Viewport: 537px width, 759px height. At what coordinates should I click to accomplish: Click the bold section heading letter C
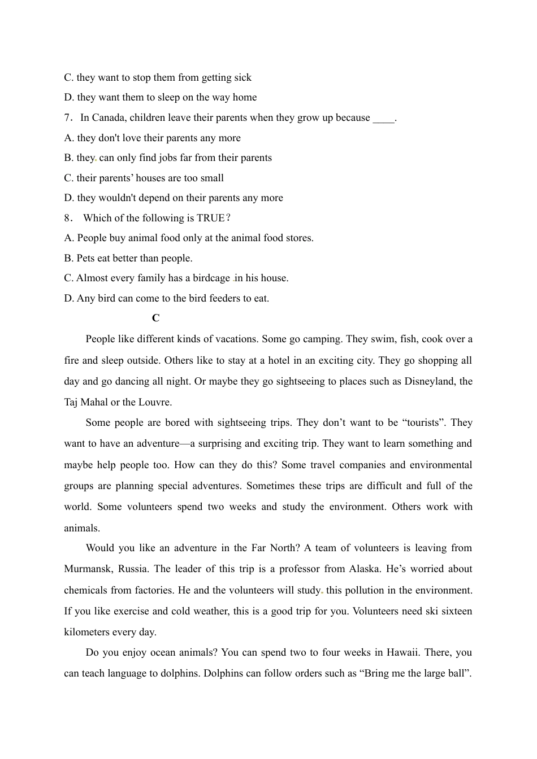click(x=155, y=318)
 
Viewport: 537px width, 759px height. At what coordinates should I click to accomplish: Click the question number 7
click(x=67, y=117)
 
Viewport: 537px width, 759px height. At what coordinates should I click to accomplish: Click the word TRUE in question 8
click(x=210, y=218)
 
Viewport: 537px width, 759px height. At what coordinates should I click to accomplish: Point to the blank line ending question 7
click(x=384, y=119)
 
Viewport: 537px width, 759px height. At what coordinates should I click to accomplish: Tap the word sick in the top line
click(x=242, y=77)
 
